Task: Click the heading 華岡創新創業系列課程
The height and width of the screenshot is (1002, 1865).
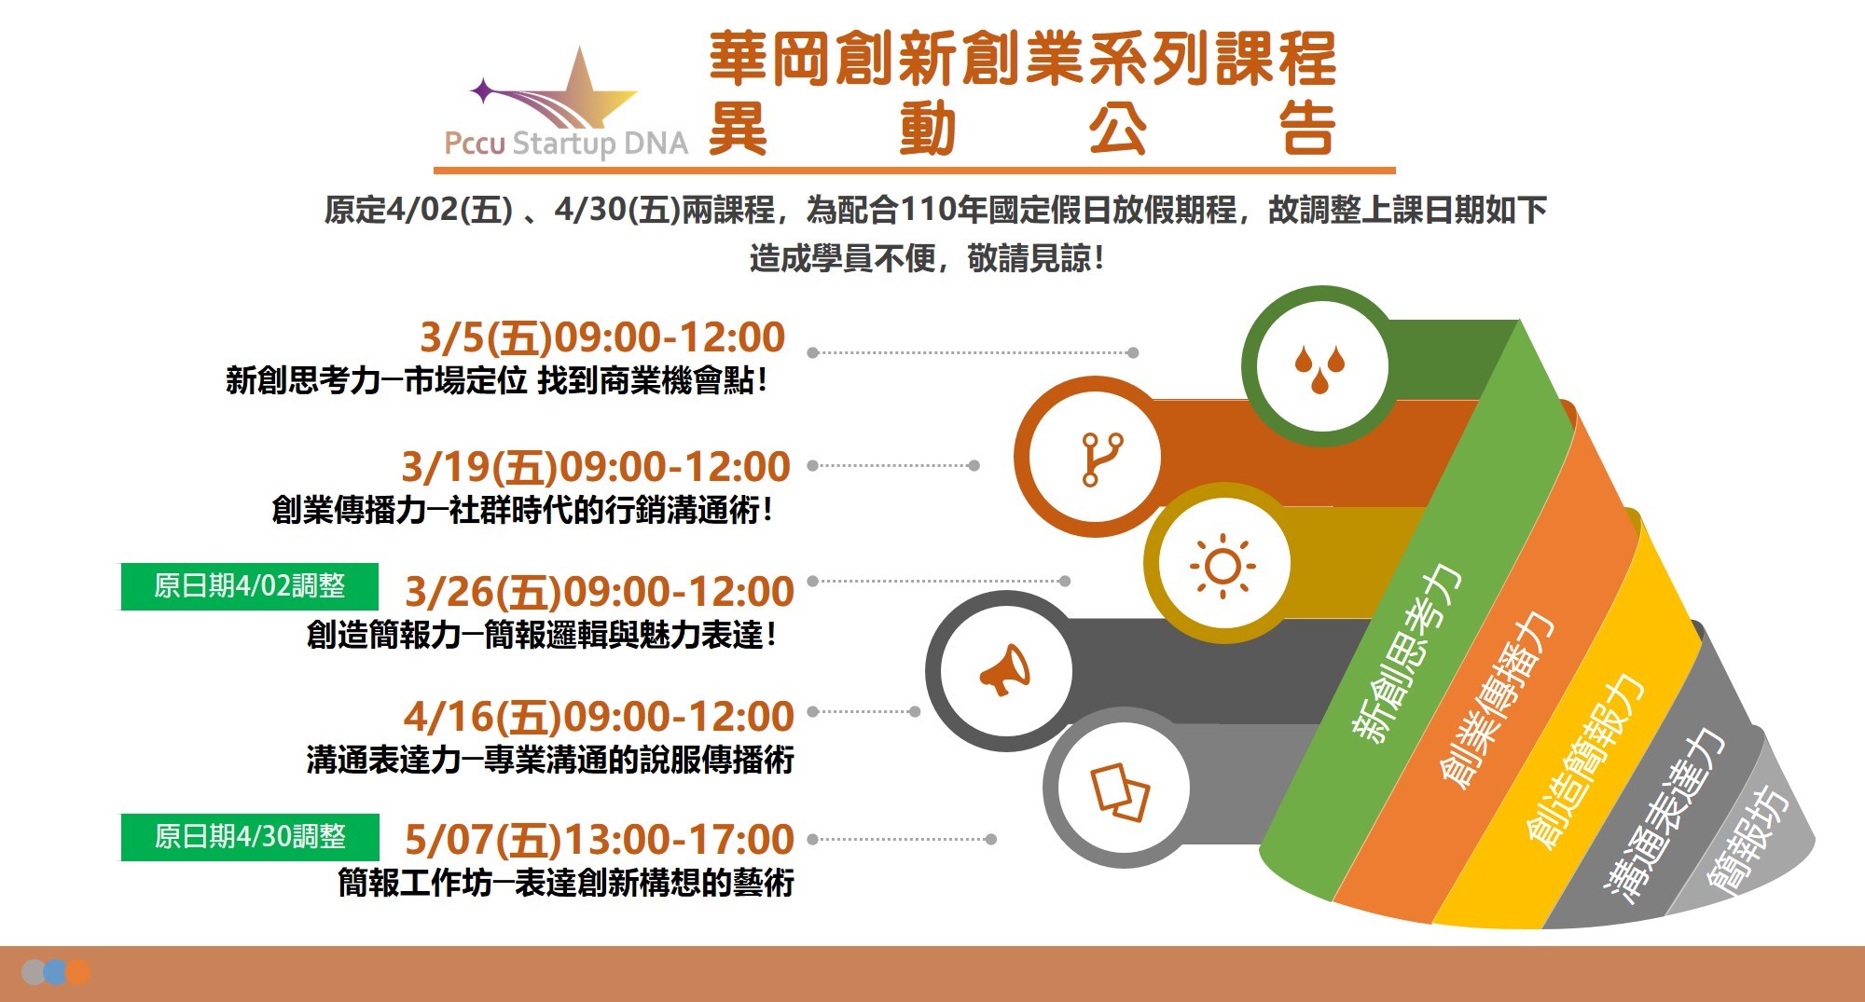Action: click(1023, 59)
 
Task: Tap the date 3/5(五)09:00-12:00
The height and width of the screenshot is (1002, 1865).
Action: click(602, 337)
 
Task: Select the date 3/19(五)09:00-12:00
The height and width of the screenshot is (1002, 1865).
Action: click(596, 467)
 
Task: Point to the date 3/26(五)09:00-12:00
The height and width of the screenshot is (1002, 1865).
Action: click(600, 592)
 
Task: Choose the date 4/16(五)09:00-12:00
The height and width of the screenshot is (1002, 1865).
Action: click(599, 717)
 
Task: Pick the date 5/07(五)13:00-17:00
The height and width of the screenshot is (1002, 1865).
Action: click(600, 840)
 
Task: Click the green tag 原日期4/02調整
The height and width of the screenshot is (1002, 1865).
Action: click(249, 586)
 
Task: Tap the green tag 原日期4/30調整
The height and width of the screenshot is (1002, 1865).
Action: click(250, 837)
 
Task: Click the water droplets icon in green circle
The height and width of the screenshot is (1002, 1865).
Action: click(1320, 367)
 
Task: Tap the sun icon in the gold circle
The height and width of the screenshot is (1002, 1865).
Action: click(1223, 566)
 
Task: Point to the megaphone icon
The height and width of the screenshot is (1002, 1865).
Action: click(1004, 669)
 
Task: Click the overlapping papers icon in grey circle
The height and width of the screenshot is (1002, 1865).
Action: click(1120, 791)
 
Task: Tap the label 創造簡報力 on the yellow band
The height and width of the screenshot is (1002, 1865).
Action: click(1584, 761)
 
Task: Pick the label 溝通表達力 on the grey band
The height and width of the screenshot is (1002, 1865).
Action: click(1665, 815)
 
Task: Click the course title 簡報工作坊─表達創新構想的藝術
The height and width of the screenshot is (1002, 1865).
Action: click(566, 882)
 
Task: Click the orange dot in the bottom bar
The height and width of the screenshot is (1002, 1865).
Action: click(78, 972)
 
